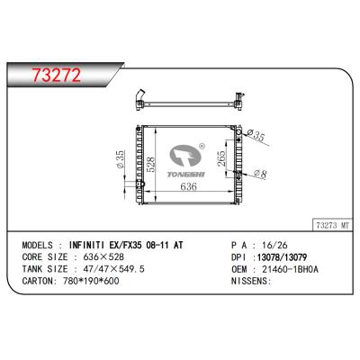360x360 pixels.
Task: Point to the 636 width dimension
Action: pos(189,187)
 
